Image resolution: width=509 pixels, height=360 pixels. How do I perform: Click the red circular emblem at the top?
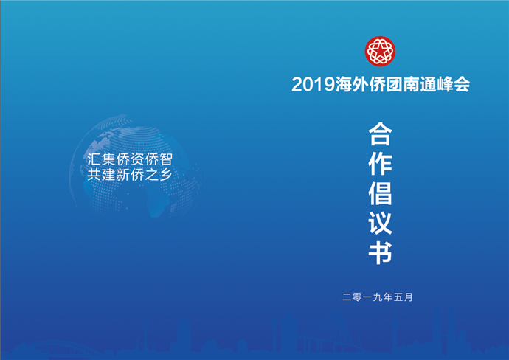[x=380, y=52]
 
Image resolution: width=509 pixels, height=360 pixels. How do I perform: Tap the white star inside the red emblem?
[x=380, y=51]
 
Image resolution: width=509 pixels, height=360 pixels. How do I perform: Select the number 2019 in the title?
[x=313, y=84]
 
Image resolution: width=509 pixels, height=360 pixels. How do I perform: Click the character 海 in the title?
[x=344, y=84]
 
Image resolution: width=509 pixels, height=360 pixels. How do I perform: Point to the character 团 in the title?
[x=395, y=84]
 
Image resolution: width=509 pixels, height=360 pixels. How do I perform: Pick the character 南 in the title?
[x=412, y=84]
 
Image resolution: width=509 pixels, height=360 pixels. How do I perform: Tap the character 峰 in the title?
[x=445, y=84]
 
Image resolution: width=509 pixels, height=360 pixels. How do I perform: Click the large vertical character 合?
[x=380, y=134]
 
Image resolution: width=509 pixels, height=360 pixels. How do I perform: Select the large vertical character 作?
[x=380, y=164]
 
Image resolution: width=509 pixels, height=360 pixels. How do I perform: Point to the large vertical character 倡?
[x=380, y=193]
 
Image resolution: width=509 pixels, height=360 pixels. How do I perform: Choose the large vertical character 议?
[x=380, y=223]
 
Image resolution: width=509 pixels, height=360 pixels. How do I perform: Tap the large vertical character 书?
[x=380, y=252]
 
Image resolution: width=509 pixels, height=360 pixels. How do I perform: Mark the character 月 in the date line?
[x=409, y=297]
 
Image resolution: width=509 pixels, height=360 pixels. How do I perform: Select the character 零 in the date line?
[x=357, y=297]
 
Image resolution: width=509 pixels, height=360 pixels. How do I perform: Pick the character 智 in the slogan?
[x=165, y=159]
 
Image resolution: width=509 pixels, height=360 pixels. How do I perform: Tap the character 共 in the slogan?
[x=94, y=175]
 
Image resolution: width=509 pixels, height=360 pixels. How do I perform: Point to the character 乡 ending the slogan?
[x=165, y=175]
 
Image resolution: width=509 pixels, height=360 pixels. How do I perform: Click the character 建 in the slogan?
[x=108, y=175]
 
